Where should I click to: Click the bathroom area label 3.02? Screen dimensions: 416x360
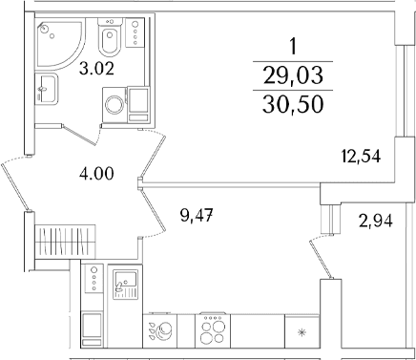pyautogui.click(x=96, y=69)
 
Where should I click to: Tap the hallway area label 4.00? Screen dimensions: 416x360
pyautogui.click(x=96, y=174)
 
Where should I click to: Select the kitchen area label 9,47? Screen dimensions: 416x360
pyautogui.click(x=196, y=216)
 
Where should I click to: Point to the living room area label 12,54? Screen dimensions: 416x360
pyautogui.click(x=361, y=157)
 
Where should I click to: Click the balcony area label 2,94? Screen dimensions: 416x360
pyautogui.click(x=376, y=221)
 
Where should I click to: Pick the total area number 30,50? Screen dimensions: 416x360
pyautogui.click(x=293, y=105)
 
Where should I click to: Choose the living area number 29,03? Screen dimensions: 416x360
pyautogui.click(x=293, y=76)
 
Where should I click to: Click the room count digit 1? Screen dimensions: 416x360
pyautogui.click(x=293, y=47)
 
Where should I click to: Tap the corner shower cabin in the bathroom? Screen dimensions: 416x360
pyautogui.click(x=60, y=44)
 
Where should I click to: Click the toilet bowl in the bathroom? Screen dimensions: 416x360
pyautogui.click(x=110, y=37)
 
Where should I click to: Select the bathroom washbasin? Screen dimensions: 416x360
pyautogui.click(x=46, y=89)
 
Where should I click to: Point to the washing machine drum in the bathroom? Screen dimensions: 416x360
pyautogui.click(x=114, y=105)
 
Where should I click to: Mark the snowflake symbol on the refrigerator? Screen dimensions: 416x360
pyautogui.click(x=301, y=333)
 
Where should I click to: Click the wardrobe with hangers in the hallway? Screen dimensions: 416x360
pyautogui.click(x=66, y=241)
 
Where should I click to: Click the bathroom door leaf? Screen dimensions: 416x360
pyautogui.click(x=79, y=136)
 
